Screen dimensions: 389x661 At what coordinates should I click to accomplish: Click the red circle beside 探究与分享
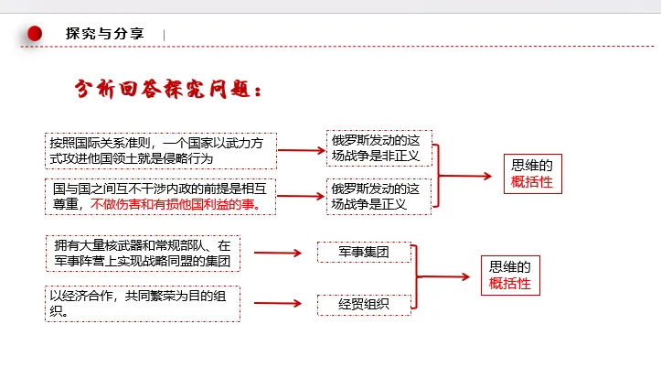tap(35, 34)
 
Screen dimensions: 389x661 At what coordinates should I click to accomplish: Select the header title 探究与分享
tap(105, 34)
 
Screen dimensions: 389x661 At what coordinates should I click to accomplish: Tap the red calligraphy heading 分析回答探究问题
tap(170, 90)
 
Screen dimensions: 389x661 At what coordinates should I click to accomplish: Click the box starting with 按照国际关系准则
tap(161, 150)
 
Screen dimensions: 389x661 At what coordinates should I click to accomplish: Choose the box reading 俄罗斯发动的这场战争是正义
tap(378, 197)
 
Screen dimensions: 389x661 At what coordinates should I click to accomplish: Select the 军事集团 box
tap(363, 250)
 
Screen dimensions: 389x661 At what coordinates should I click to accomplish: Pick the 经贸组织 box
tap(363, 303)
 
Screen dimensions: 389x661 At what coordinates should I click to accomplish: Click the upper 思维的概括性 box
tap(532, 174)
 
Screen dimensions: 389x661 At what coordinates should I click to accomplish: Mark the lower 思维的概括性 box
tap(509, 275)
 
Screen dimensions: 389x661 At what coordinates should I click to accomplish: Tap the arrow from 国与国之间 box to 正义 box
tap(302, 195)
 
